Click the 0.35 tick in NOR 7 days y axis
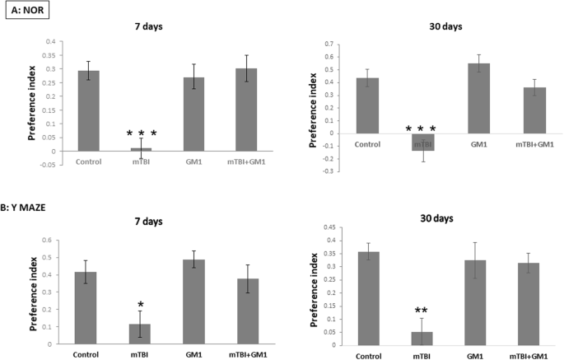55,55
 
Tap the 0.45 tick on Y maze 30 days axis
333,227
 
